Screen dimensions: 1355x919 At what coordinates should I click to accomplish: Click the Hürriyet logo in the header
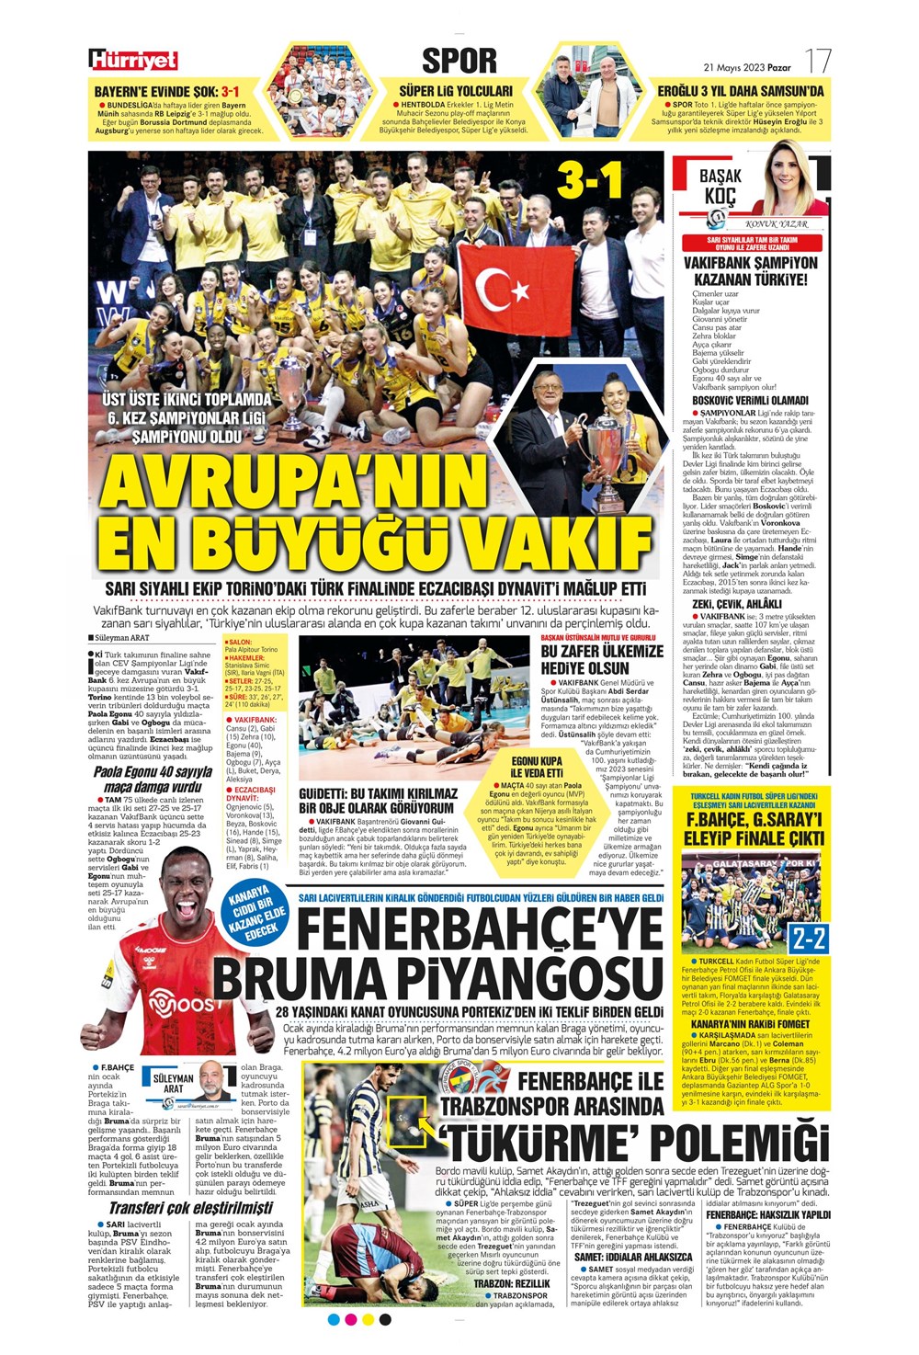[x=133, y=61]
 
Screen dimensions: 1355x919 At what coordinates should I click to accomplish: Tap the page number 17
[x=817, y=63]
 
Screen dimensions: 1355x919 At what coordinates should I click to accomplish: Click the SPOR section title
[x=459, y=61]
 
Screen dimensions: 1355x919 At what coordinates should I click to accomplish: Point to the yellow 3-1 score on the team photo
[x=590, y=182]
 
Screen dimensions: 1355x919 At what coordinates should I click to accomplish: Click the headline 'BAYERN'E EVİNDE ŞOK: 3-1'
[x=167, y=92]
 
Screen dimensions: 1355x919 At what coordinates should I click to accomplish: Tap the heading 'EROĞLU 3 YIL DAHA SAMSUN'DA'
[x=741, y=92]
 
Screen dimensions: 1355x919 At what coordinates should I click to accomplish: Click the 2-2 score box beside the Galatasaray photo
[x=809, y=939]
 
